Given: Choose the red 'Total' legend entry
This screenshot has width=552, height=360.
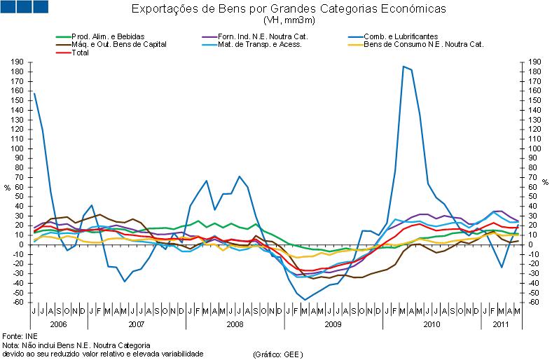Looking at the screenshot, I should coord(81,53).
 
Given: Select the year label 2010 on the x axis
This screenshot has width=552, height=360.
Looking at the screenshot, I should coord(430,325).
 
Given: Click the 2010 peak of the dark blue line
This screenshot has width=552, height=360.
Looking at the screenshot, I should coord(403,67).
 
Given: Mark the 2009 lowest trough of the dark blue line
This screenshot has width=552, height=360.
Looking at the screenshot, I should coord(305,300).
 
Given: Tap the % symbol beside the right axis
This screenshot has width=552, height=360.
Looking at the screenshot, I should coord(545,183).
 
